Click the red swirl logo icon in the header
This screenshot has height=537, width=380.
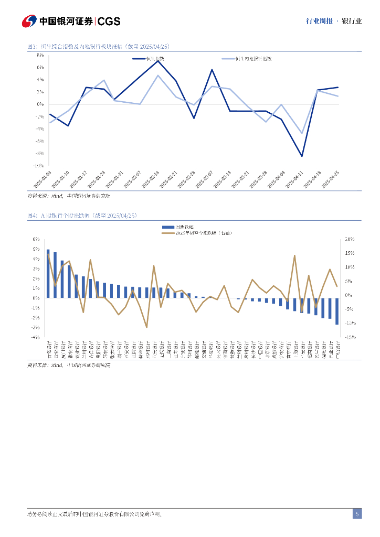pos(29,21)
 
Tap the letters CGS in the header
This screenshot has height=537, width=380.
pos(109,22)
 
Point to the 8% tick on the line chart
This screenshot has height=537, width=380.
pos(40,55)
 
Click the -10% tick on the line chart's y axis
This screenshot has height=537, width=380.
pos(38,165)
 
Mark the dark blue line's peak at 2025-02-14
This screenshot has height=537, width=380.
pos(158,61)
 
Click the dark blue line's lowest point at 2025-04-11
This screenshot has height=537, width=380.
pos(302,156)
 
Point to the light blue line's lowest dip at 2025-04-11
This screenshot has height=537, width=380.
pos(302,133)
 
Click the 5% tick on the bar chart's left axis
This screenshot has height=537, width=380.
pos(37,249)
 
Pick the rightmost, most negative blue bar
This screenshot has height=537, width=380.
pos(337,311)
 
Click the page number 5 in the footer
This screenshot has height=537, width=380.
pos(357,514)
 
